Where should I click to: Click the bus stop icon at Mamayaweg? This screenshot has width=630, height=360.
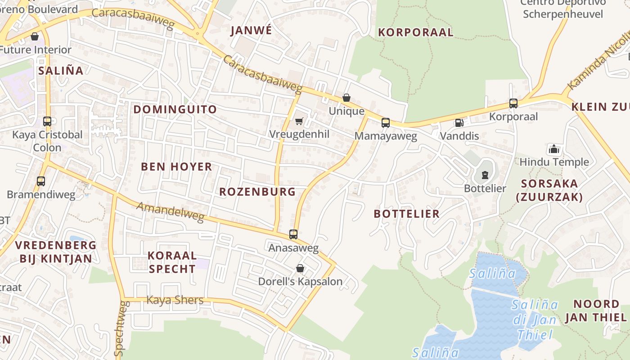coord(385,122)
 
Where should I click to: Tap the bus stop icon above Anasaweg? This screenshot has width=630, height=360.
coord(293,234)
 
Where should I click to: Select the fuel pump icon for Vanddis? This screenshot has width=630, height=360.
coord(459,122)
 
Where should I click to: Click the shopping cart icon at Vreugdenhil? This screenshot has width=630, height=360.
coord(299,121)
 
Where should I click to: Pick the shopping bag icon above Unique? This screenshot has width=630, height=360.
coord(346,98)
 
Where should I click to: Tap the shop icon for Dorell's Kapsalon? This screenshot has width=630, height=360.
coord(300,268)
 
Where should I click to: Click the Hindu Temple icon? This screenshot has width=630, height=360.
coord(554,149)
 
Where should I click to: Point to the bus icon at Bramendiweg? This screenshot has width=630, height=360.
coord(41,181)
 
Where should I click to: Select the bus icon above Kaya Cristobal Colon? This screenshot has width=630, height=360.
coord(47,121)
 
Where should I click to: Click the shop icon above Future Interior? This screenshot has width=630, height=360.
coord(35,36)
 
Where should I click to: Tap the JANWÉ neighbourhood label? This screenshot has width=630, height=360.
coord(251,31)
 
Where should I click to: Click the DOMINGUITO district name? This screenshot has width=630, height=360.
coord(175,109)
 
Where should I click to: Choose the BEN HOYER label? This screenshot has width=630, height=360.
coord(176,167)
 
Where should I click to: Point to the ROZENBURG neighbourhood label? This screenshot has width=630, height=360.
coord(257,192)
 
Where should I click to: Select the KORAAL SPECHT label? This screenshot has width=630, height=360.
coord(172,262)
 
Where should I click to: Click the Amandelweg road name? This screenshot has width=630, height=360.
coord(170,212)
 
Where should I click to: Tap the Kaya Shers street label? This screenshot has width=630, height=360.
coord(175,300)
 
